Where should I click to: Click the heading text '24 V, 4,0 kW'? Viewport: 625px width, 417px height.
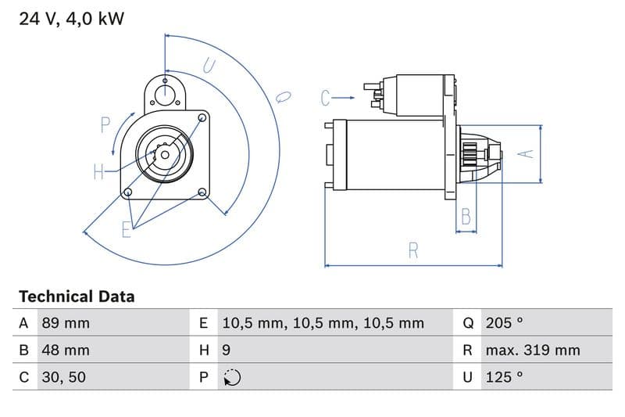coord(71,19)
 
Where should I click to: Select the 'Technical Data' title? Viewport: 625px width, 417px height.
coord(77,297)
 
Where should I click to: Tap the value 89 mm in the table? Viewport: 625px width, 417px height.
coord(65,323)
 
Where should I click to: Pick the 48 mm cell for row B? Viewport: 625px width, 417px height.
coord(65,350)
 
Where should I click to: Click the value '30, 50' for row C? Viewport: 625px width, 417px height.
coord(63,377)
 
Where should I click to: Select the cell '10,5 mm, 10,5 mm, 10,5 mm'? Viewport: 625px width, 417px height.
coord(323,323)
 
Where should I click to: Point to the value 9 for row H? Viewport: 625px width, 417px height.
coord(227,350)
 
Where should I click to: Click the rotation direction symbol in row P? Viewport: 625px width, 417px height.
coord(231,377)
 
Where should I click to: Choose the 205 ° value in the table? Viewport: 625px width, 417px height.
coord(504,323)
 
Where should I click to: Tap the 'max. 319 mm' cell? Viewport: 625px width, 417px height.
coord(532,350)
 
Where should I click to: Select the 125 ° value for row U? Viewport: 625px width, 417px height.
coord(504,377)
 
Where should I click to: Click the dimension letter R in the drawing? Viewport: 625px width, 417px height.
coord(413,250)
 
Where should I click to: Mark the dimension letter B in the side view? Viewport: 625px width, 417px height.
coord(466,216)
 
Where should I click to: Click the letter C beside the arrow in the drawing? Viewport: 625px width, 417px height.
coord(327,98)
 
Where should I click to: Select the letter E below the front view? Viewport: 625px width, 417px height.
coord(127,228)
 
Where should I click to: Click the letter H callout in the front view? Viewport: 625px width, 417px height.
coord(99,172)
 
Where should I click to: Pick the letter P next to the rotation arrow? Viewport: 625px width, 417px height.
coord(105,124)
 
